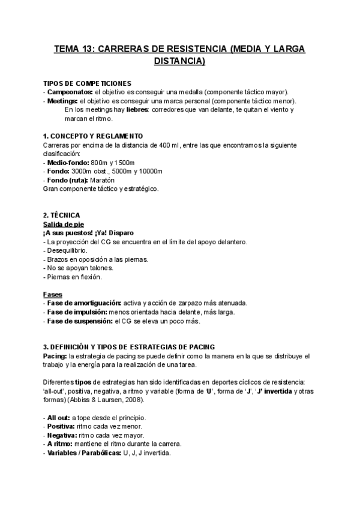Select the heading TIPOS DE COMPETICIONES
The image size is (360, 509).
click(x=88, y=83)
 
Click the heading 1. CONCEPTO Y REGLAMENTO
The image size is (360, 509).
click(x=93, y=136)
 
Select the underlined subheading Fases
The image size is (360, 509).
click(x=53, y=294)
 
